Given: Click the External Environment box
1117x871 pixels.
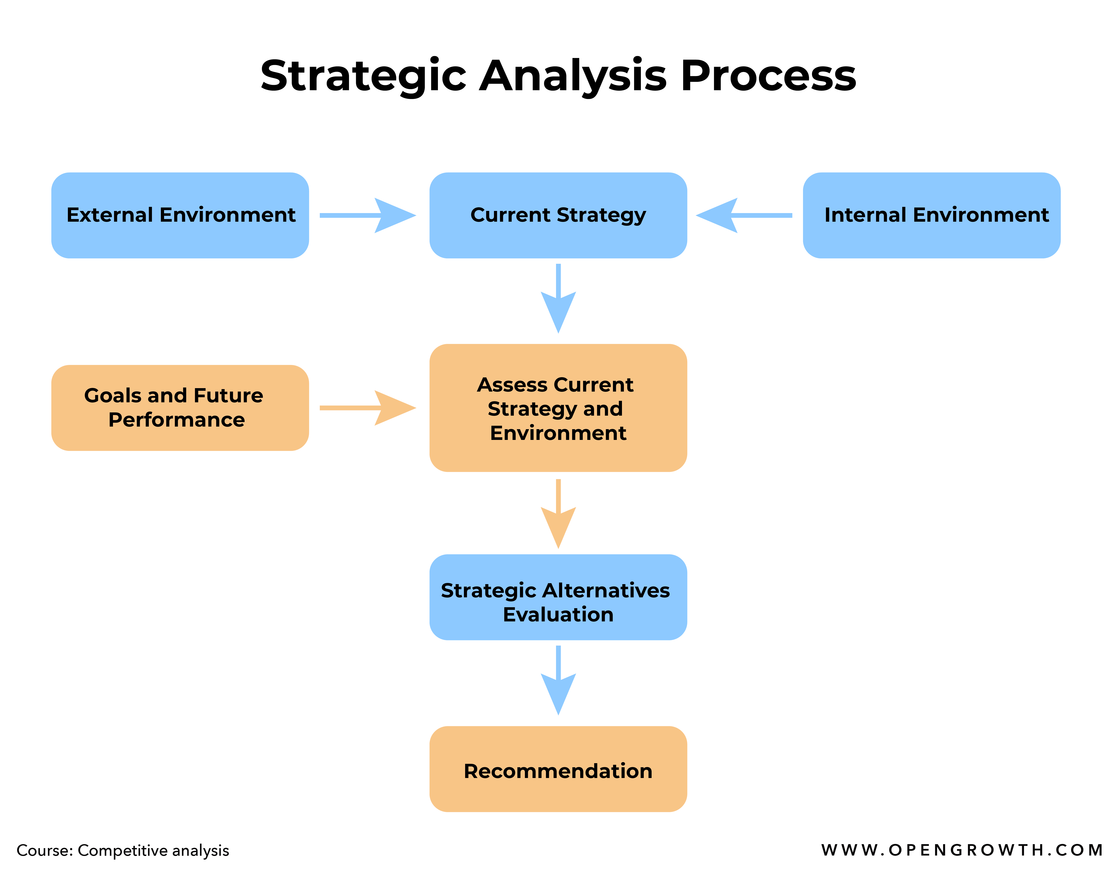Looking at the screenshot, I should [x=180, y=215].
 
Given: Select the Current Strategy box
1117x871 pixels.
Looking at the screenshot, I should [x=558, y=215].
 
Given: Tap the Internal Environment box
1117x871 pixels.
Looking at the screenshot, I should [x=931, y=215].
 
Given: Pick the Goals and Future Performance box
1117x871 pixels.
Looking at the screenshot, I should [x=180, y=408].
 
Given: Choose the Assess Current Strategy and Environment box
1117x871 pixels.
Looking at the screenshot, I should [x=558, y=408].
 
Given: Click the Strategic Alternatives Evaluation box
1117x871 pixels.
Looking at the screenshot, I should [x=558, y=597].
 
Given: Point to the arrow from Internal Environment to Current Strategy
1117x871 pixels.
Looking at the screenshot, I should [x=744, y=215].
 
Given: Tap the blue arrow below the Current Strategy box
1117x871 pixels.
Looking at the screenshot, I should [x=558, y=299].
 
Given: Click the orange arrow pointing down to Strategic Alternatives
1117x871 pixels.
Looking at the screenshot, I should [x=558, y=514].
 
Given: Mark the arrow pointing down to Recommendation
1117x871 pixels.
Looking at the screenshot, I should [x=558, y=680].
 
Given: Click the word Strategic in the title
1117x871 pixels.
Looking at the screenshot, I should [x=363, y=76].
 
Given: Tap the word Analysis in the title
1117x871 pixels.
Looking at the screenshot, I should [x=573, y=76].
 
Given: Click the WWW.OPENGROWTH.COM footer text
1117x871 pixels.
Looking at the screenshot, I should [x=962, y=850].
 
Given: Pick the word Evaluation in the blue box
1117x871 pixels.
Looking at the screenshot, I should [x=558, y=614].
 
